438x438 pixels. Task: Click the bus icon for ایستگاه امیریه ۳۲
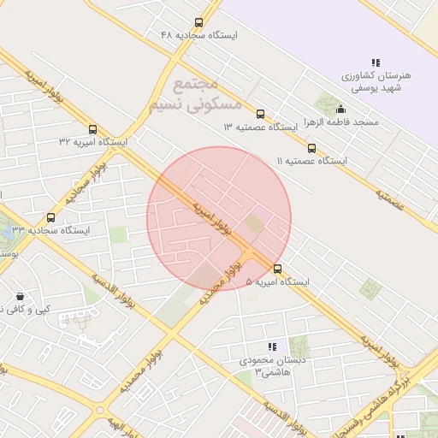tap(92, 130)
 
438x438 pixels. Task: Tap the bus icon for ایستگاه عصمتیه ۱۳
tap(260, 114)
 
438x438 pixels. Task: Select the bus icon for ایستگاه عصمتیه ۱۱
tap(311, 148)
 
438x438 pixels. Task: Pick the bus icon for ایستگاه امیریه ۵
tap(276, 269)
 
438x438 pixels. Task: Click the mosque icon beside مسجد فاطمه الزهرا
tap(340, 109)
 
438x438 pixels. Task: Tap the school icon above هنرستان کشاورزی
tap(376, 62)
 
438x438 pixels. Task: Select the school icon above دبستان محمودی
tap(271, 346)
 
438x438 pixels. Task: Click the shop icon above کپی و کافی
tap(20, 296)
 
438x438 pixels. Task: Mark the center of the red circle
tap(219, 218)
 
